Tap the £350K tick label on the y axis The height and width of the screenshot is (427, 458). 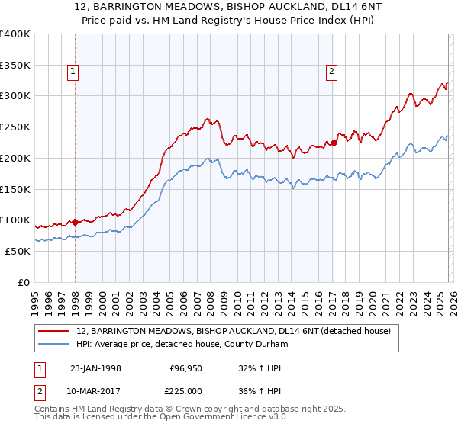(x=15, y=65)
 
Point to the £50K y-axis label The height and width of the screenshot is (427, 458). (x=17, y=251)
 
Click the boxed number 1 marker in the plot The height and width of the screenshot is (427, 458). (x=73, y=72)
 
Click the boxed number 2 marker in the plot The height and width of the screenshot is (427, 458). (x=332, y=72)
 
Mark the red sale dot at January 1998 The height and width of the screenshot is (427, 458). (x=76, y=223)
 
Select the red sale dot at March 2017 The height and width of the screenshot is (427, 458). (x=334, y=143)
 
